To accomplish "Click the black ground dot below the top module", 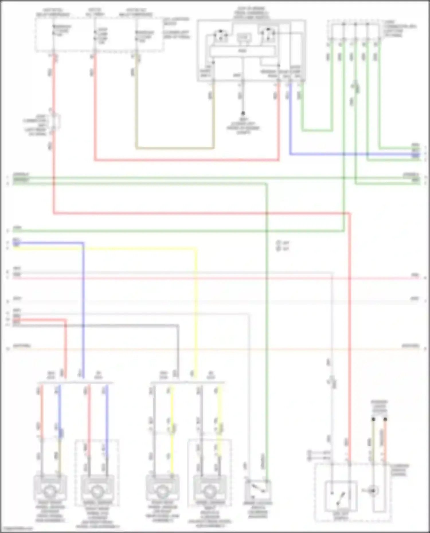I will point(243,113).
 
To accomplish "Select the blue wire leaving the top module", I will point(290,120).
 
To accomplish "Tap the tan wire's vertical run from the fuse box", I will point(136,109).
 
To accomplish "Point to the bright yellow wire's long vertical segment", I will point(196,309).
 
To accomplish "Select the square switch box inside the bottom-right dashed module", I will point(341,495).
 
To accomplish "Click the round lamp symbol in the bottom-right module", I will point(373,491).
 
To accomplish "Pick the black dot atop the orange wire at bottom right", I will point(385,419).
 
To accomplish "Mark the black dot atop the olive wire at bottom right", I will point(373,419).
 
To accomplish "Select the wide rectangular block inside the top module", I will point(243,51).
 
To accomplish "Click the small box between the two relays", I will point(243,38).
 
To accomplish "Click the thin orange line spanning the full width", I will point(215,349).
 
